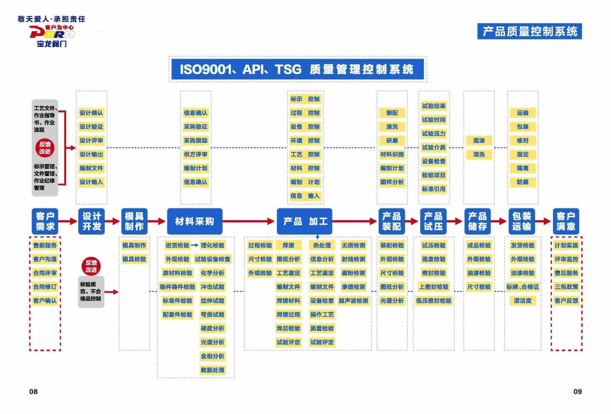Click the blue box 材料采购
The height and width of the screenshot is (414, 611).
click(195, 221)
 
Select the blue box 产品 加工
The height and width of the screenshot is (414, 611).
click(304, 221)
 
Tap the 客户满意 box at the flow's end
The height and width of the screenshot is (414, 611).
click(566, 221)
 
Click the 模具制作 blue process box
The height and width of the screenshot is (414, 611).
click(134, 221)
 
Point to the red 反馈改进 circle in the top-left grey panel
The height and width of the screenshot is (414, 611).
click(45, 148)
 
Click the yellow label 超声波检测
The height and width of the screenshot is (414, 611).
click(353, 301)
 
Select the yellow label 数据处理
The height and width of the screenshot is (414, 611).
click(213, 370)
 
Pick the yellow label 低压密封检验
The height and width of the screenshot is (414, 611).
click(433, 301)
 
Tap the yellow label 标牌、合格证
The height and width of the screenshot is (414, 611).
click(522, 287)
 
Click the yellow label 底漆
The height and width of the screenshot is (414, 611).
click(479, 141)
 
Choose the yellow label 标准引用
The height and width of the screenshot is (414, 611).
click(433, 189)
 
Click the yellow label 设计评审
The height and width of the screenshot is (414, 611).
click(91, 141)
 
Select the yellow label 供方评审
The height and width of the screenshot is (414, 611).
click(195, 154)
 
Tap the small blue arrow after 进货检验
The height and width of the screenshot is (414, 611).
click(194, 245)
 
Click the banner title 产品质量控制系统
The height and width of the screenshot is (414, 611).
click(529, 31)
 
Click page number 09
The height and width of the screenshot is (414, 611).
click(577, 391)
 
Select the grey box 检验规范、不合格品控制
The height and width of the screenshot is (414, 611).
click(91, 292)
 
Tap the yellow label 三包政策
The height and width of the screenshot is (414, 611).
click(566, 287)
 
